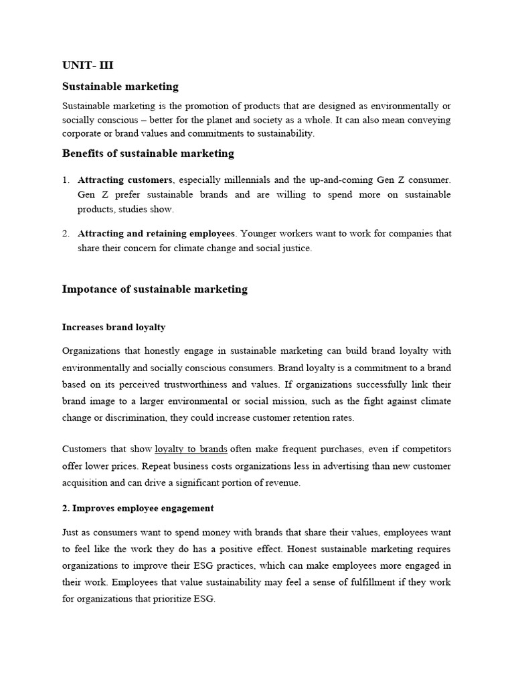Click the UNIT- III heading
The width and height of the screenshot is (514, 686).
click(92, 65)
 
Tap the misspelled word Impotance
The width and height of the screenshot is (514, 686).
click(88, 289)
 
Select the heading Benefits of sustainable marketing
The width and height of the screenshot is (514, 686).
click(148, 153)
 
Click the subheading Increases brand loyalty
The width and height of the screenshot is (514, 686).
click(114, 328)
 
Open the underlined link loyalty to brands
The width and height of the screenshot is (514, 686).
click(191, 449)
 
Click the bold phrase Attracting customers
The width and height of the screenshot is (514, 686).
click(125, 180)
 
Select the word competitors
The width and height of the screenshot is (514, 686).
click(425, 449)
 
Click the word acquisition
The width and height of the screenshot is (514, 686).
click(85, 483)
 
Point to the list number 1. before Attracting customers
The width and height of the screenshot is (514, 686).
click(66, 180)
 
